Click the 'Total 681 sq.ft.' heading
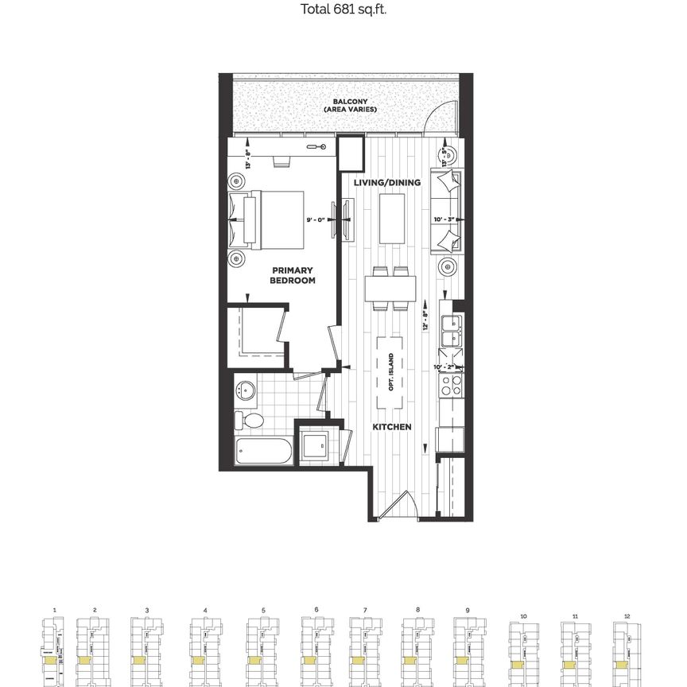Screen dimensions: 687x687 pyautogui.click(x=343, y=10)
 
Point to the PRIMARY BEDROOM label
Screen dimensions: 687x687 pyautogui.click(x=292, y=275)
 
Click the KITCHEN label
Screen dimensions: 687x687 pyautogui.click(x=393, y=427)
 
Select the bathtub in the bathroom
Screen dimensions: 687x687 pyautogui.click(x=265, y=452)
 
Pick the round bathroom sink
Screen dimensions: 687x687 pyautogui.click(x=246, y=390)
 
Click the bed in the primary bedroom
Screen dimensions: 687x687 pyautogui.click(x=269, y=217)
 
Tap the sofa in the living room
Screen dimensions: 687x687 pyautogui.click(x=447, y=212)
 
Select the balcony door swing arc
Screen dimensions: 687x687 pyautogui.click(x=438, y=120)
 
